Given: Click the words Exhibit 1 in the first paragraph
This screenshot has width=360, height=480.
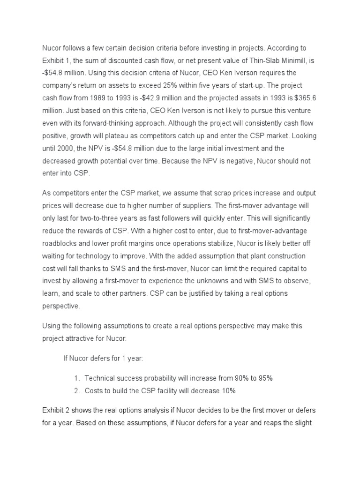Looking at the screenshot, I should click(x=57, y=61).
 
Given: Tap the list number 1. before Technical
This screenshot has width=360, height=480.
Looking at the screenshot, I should click(x=78, y=378).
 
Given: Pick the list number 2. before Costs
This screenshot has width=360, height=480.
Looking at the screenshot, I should click(x=78, y=390).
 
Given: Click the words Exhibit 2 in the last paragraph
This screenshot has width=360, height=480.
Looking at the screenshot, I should click(x=57, y=410).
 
